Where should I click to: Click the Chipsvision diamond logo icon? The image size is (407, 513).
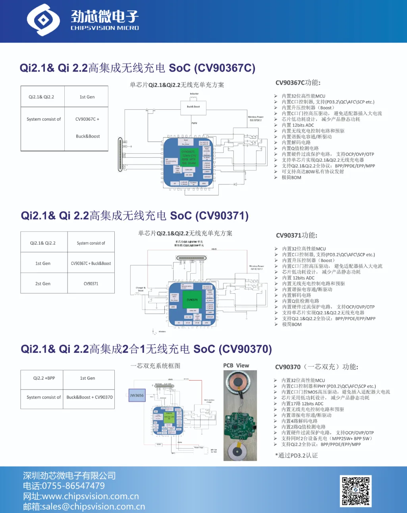tap(43, 20)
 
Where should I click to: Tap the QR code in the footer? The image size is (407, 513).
tap(356, 491)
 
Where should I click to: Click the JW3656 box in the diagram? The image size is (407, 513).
tap(137, 395)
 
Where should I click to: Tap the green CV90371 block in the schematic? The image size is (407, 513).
tap(192, 300)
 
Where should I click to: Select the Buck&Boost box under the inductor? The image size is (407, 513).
tap(193, 106)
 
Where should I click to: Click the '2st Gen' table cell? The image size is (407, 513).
tap(43, 284)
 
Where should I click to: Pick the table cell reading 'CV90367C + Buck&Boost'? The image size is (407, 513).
tap(91, 263)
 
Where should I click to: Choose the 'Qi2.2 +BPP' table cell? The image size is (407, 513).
tap(44, 378)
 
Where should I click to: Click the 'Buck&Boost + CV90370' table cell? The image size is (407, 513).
tap(89, 397)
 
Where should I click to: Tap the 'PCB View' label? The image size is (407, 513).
tap(236, 366)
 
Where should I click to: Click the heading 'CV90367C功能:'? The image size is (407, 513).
tap(298, 83)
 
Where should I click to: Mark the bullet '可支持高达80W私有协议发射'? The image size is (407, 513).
tap(313, 172)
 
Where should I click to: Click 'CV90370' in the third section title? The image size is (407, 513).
tap(246, 349)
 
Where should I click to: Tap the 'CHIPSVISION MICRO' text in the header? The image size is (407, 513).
tap(105, 28)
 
